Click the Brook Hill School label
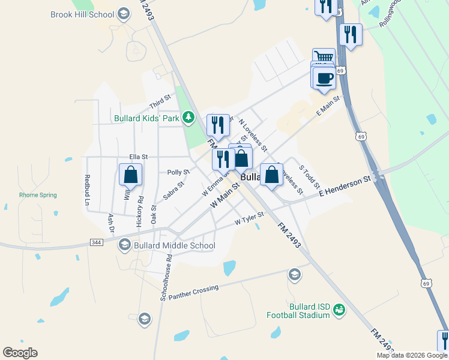point(82,14)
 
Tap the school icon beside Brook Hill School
point(124,14)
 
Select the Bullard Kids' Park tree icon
point(188,116)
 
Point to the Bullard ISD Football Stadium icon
point(340,310)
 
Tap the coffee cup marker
point(324,78)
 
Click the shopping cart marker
point(324,58)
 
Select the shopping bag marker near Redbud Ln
point(131,175)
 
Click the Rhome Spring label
point(38,195)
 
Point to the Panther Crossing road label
point(193,293)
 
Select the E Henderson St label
point(345,186)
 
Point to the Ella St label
point(130,157)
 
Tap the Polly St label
point(178,172)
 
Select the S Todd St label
point(309,176)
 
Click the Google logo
point(20,353)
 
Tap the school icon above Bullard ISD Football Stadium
point(294,275)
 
